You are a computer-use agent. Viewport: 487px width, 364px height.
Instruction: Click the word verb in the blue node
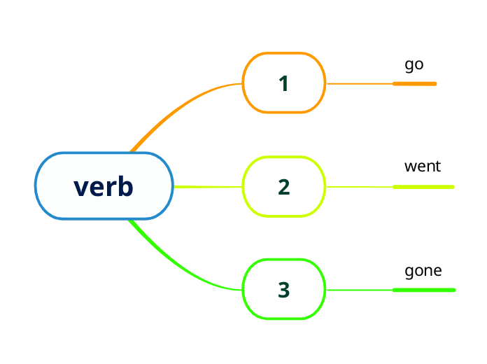(x=104, y=187)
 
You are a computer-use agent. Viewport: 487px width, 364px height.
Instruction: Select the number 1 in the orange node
(x=283, y=84)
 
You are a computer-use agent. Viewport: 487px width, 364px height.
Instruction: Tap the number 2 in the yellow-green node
(x=283, y=187)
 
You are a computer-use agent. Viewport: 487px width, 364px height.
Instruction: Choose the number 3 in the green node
(x=283, y=290)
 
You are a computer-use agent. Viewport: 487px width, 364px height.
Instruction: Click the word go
(x=414, y=66)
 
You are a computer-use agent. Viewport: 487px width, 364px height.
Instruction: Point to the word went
(x=423, y=167)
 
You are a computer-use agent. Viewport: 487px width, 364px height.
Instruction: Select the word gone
(x=423, y=271)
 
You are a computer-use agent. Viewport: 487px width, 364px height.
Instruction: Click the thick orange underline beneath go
(x=415, y=84)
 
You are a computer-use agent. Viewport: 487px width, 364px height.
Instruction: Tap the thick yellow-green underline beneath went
(x=423, y=187)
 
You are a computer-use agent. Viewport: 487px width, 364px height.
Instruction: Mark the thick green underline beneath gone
(x=424, y=290)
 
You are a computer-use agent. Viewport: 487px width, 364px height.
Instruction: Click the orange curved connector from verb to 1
(x=182, y=105)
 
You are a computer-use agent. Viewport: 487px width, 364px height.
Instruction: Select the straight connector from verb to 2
(x=208, y=187)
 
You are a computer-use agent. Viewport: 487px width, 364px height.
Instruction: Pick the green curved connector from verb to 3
(x=182, y=269)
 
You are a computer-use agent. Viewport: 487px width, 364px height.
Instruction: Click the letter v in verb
(x=80, y=188)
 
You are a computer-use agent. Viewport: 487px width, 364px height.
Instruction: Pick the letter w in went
(x=410, y=167)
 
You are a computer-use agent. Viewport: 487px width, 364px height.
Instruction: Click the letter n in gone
(x=428, y=272)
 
